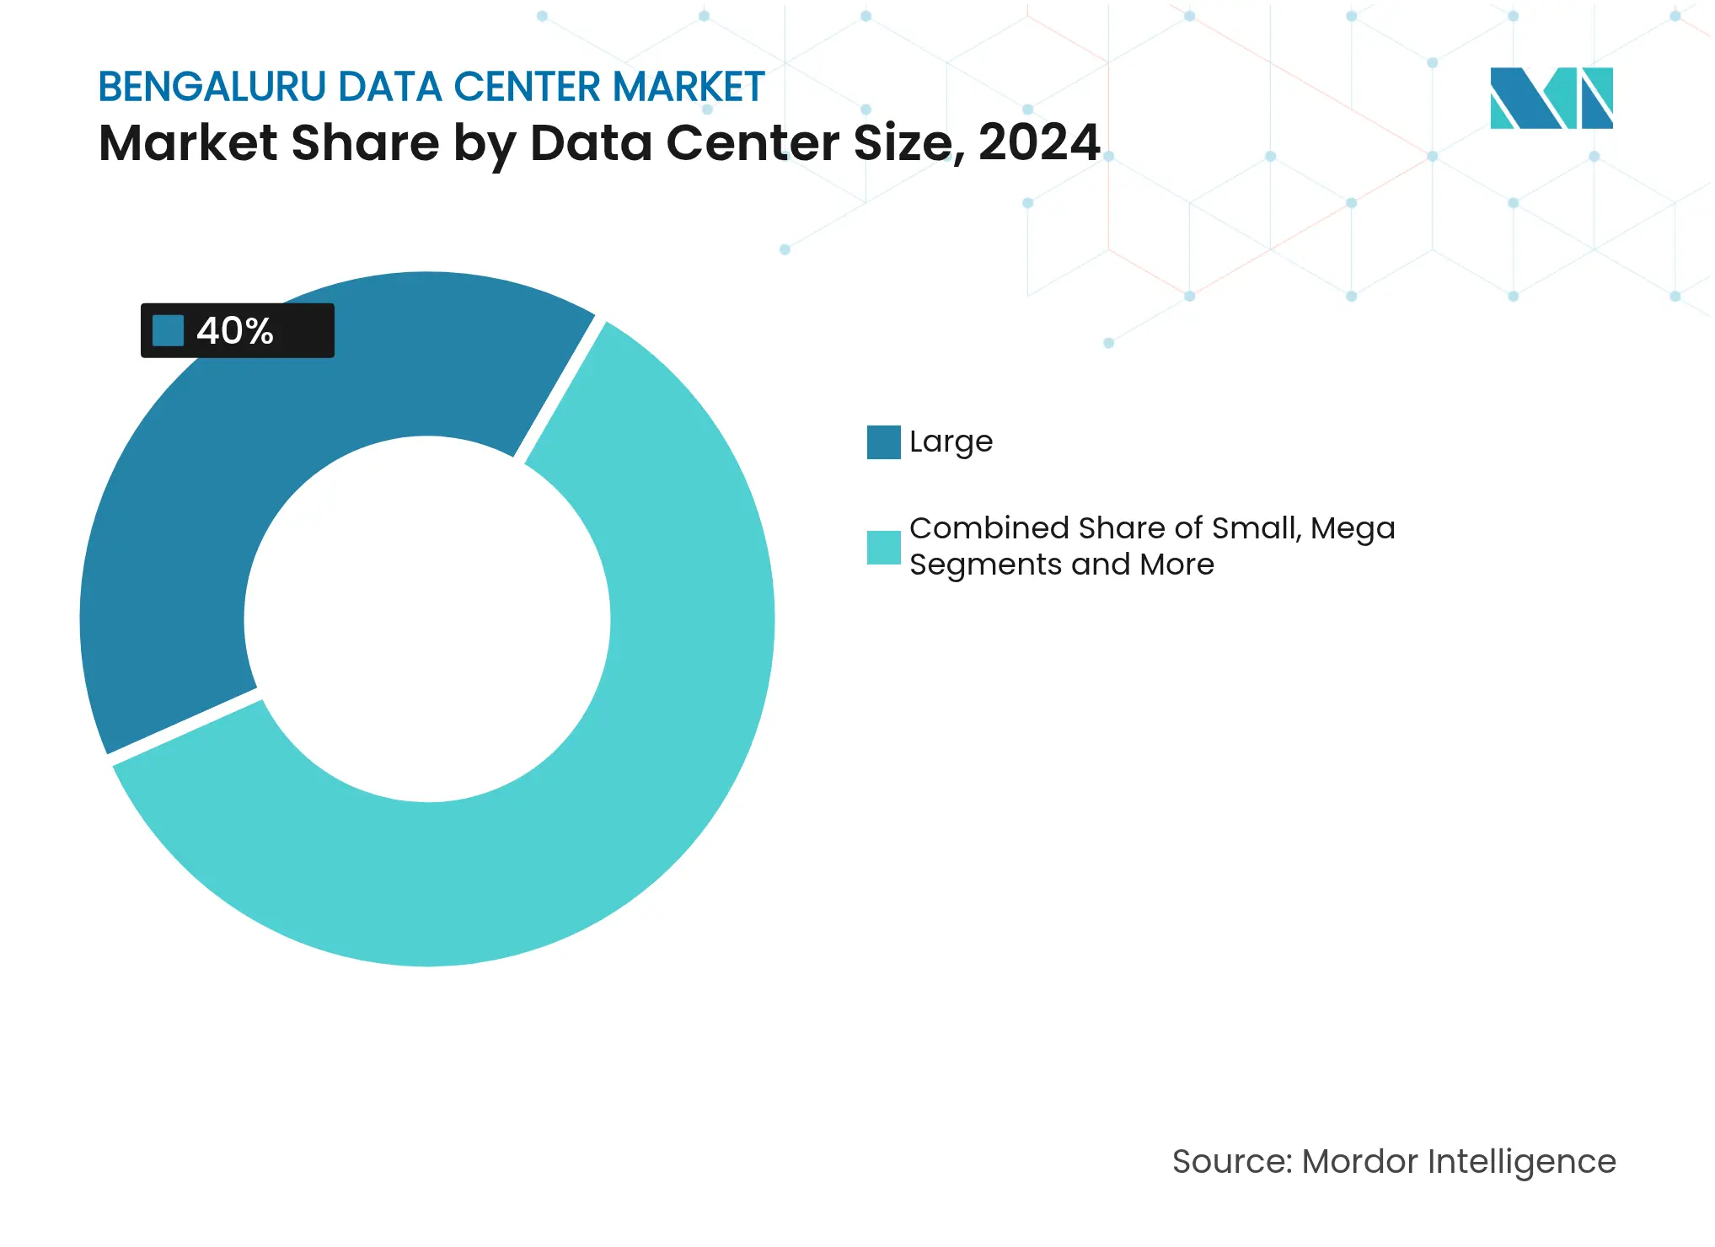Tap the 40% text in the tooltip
point(235,331)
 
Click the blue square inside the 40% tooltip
point(168,330)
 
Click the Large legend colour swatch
point(883,442)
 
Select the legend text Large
point(951,442)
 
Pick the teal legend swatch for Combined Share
point(883,548)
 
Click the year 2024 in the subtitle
point(1038,142)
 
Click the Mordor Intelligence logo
point(1551,98)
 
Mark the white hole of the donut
point(427,619)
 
